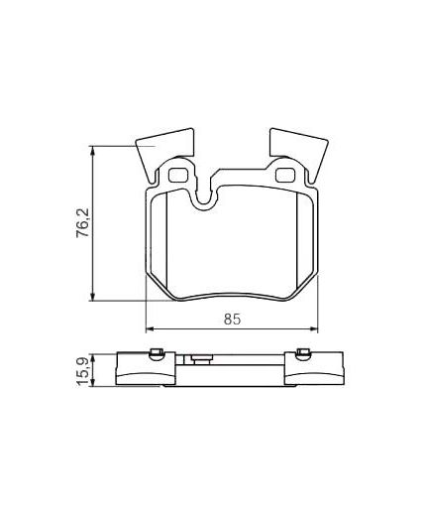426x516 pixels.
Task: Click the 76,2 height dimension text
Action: [84, 221]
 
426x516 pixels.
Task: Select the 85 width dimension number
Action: [231, 319]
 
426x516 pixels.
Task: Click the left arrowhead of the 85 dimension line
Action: [150, 328]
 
